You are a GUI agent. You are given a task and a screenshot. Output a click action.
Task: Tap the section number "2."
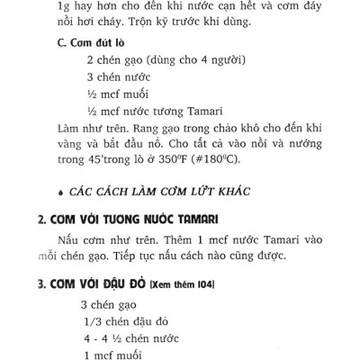pos(42,221)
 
